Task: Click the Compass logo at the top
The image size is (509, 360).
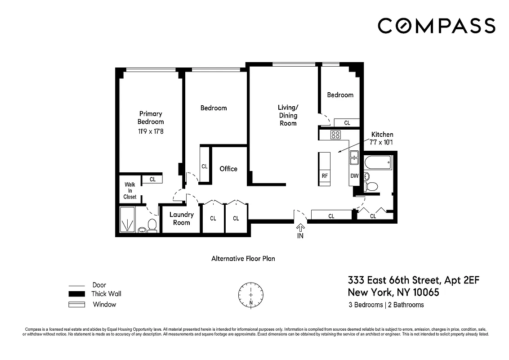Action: tap(436, 26)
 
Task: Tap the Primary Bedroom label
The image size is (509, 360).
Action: tap(150, 117)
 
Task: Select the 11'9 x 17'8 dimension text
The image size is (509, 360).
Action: tap(150, 132)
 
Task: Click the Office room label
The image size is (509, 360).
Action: tap(228, 169)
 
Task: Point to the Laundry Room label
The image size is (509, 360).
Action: tap(181, 219)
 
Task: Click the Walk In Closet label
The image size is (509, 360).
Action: tap(130, 191)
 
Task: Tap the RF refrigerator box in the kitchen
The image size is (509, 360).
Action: tap(324, 176)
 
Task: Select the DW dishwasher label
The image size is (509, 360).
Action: tap(354, 176)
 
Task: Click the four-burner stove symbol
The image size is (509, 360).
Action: tap(335, 134)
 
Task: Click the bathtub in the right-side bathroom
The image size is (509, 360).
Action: tap(378, 162)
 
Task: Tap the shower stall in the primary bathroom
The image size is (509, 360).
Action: tap(128, 220)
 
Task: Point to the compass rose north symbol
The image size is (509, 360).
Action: tap(251, 294)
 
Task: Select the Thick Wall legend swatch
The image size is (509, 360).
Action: tap(77, 294)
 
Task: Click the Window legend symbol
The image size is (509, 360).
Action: tap(77, 305)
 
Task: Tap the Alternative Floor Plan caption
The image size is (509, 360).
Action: tap(243, 259)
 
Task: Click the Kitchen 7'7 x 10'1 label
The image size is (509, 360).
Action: tap(382, 138)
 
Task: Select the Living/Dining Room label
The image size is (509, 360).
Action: tap(288, 115)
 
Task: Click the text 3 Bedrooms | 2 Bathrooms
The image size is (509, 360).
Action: tap(386, 305)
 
